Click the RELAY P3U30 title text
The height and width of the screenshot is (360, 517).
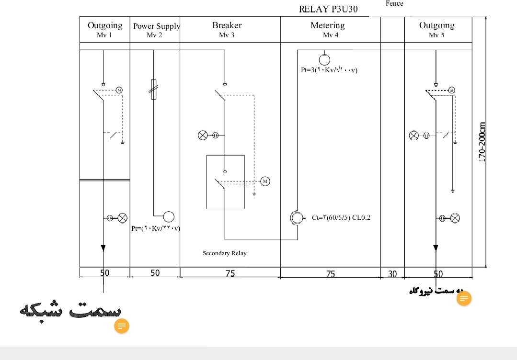pos(328,10)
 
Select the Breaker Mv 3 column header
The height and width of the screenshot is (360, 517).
pos(227,29)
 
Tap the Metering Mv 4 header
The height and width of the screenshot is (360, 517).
pos(327,29)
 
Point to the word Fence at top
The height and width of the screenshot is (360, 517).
pos(394,3)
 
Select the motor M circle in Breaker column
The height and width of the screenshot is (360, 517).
pos(265,181)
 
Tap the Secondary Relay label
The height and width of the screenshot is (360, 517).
pos(224,253)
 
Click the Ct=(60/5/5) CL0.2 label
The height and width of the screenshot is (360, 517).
pos(341,218)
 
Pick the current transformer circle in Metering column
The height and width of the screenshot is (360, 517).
pos(297,218)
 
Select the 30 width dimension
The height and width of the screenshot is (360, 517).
pos(392,273)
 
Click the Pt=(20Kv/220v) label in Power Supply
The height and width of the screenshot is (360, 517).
pos(155,228)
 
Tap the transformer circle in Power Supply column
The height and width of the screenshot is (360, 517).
pos(168,216)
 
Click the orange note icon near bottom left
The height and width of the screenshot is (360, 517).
pos(122,326)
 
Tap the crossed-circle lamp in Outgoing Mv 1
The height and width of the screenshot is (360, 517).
pos(123,218)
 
